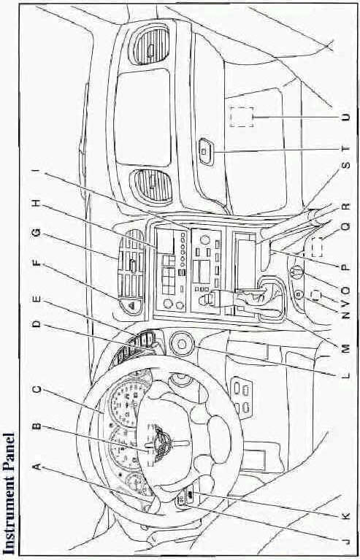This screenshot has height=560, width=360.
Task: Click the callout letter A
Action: (36, 466)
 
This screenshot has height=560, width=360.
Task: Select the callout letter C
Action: (37, 389)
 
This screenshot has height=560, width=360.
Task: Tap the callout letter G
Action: (37, 234)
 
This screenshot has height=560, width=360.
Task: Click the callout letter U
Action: (345, 117)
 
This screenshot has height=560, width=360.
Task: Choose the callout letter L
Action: (345, 375)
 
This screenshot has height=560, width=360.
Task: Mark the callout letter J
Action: (345, 542)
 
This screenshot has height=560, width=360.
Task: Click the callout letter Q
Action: (345, 226)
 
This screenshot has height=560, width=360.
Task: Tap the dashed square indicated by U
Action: (242, 117)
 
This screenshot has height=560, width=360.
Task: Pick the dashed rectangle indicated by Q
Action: (317, 247)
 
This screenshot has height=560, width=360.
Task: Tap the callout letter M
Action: (345, 347)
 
